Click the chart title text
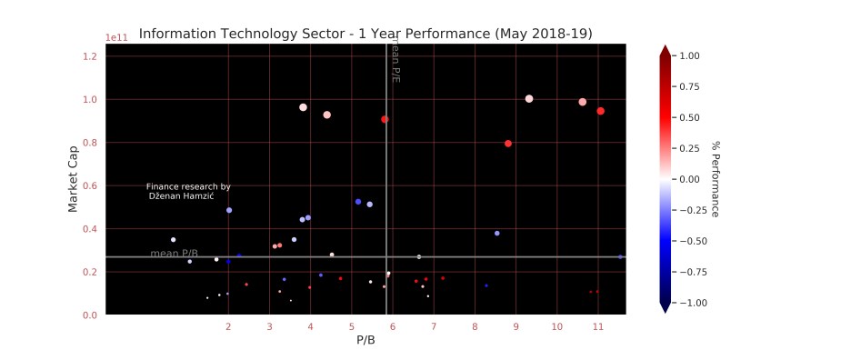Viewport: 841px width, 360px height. [x=365, y=34]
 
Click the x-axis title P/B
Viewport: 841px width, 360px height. [x=365, y=340]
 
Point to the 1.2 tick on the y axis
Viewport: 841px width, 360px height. [x=89, y=56]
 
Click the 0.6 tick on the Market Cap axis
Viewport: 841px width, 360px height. [x=89, y=185]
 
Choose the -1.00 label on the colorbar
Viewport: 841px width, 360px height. [x=690, y=303]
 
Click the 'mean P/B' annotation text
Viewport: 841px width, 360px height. [x=174, y=254]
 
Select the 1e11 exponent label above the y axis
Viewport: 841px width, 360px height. [x=116, y=37]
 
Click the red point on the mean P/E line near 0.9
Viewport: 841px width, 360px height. [x=385, y=119]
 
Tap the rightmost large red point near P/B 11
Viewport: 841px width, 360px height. [x=601, y=111]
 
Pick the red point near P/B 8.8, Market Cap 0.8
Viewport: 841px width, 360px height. [x=508, y=144]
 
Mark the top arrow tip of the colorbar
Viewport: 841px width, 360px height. [x=665, y=46]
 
